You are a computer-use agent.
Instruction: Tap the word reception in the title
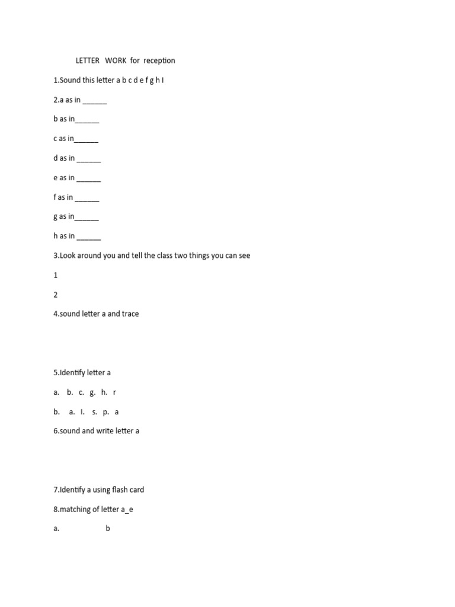(159, 60)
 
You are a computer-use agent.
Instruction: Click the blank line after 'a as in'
(95, 100)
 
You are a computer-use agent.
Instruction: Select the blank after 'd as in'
(89, 158)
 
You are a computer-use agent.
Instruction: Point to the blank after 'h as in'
(89, 236)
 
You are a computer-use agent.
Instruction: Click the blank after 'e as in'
(89, 178)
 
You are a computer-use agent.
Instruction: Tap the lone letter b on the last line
(108, 529)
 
